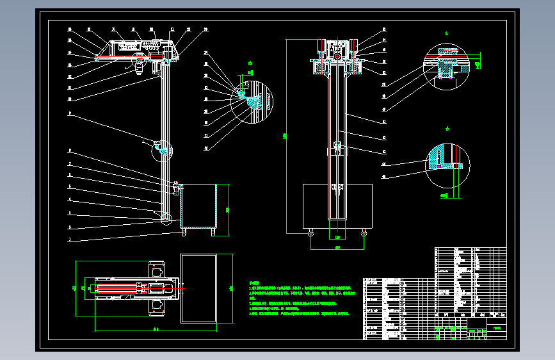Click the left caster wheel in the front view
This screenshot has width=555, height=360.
click(x=311, y=233)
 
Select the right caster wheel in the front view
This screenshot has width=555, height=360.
click(x=364, y=233)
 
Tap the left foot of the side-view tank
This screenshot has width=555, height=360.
click(x=184, y=232)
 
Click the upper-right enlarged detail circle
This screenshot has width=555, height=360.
click(x=447, y=64)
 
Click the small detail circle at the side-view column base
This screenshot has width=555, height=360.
click(x=166, y=218)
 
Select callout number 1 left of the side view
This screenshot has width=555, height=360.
click(x=70, y=241)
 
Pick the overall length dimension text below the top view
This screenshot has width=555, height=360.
click(x=156, y=329)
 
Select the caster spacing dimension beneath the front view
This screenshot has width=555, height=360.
click(x=337, y=247)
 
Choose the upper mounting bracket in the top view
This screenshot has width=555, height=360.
click(x=156, y=272)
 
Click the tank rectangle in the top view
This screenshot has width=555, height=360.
click(x=198, y=289)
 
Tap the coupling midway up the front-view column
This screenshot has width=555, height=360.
click(x=337, y=151)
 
